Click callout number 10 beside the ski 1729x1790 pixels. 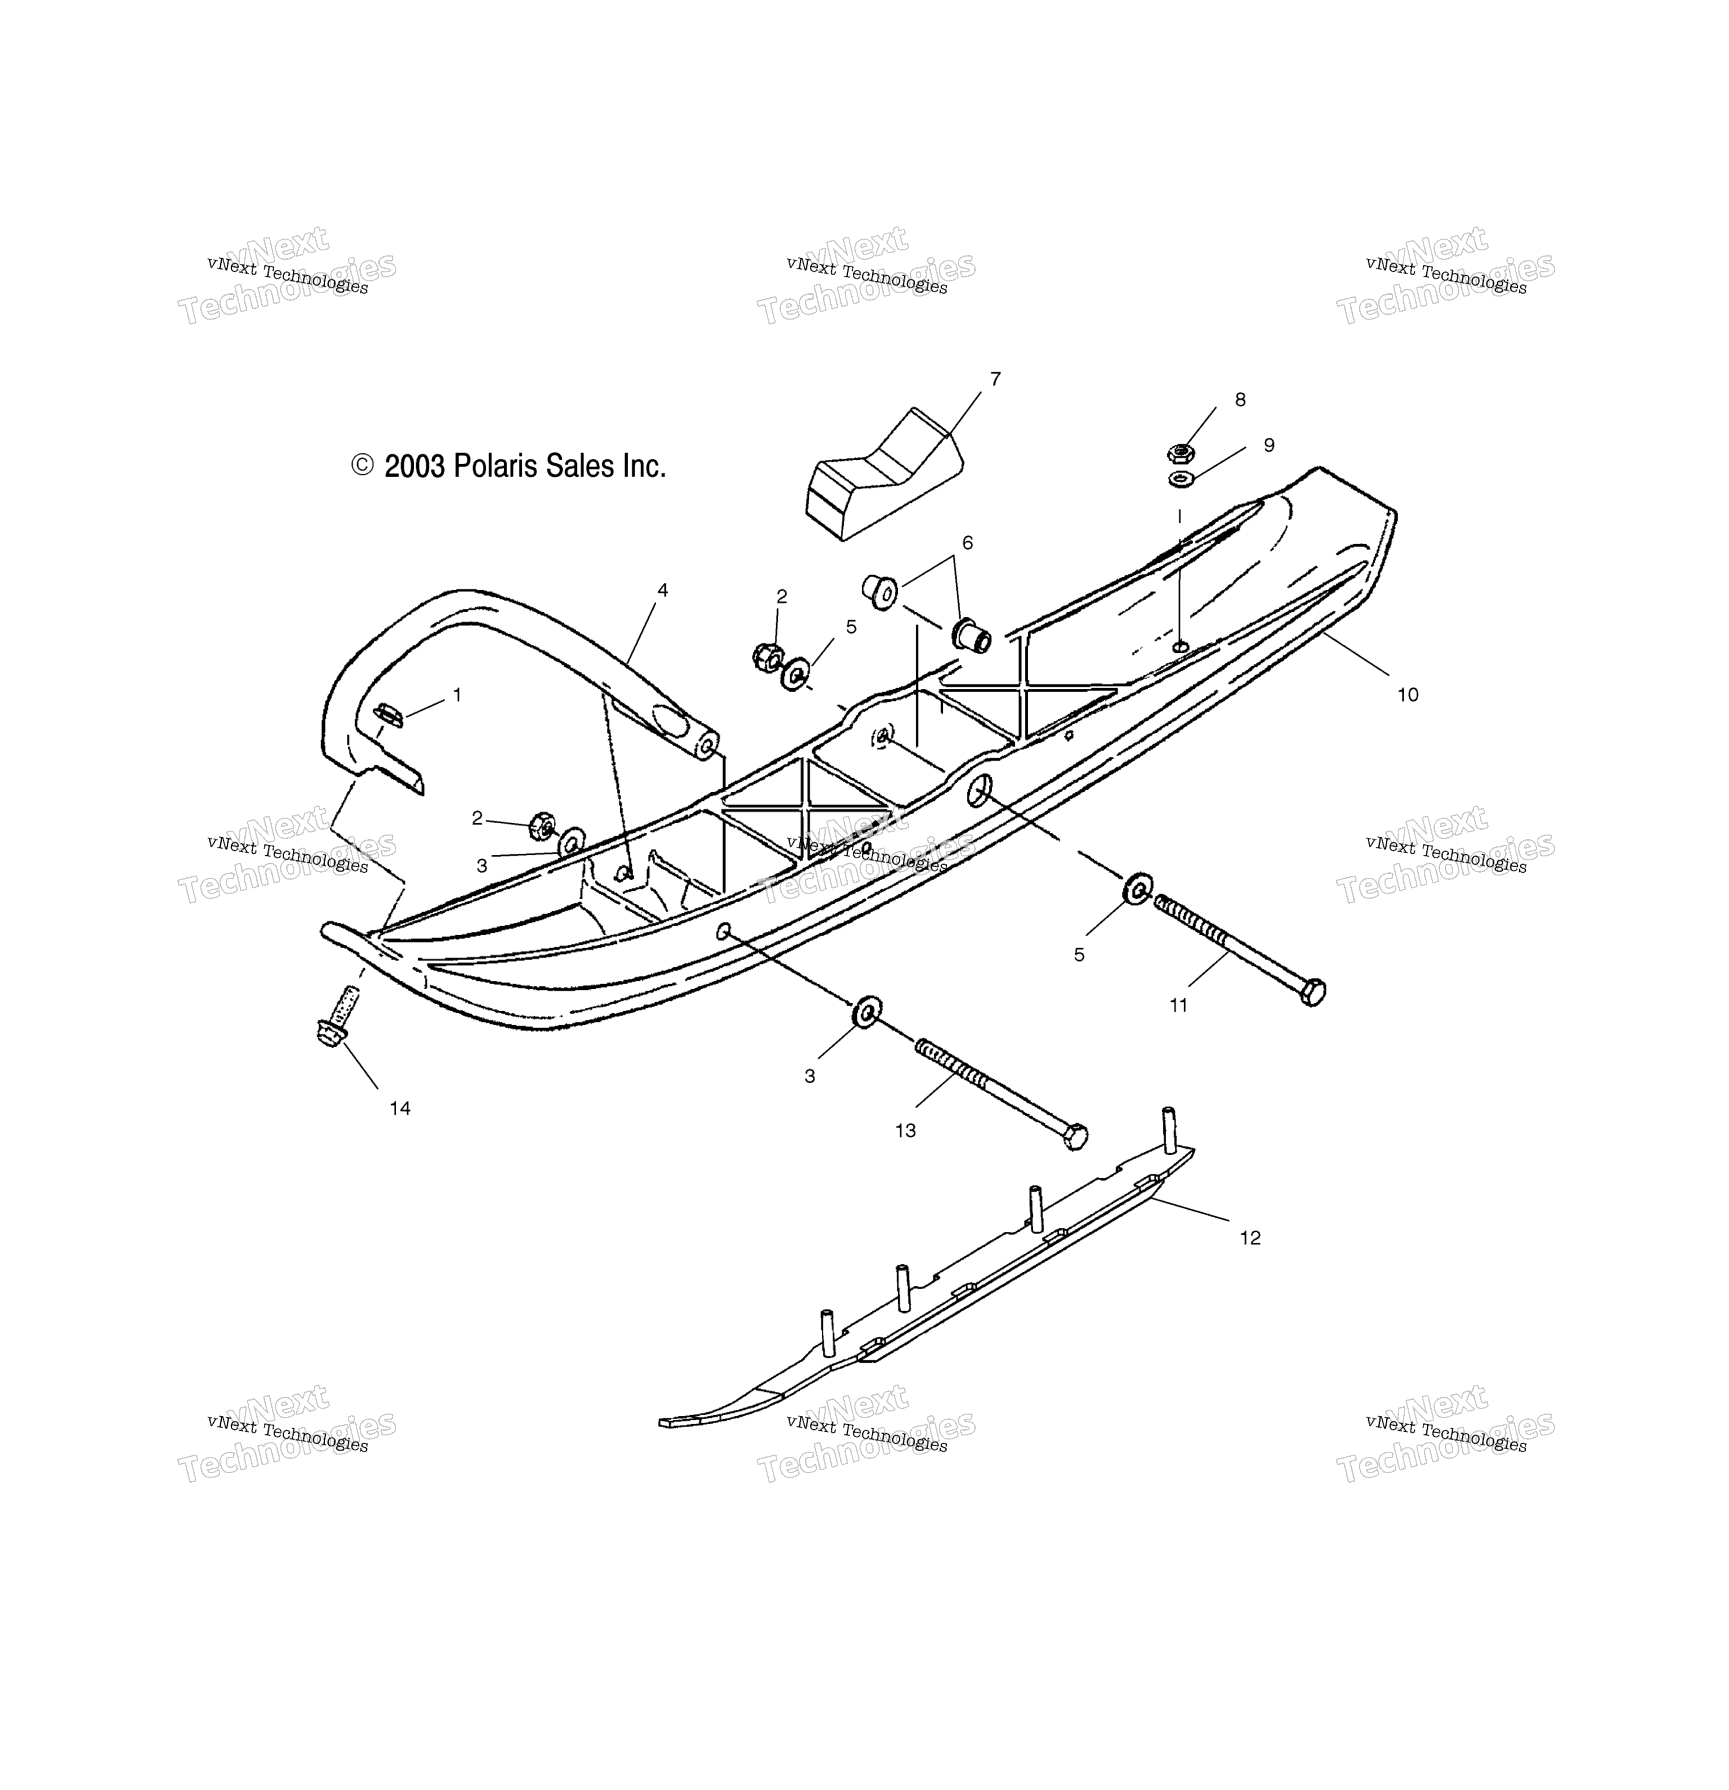(1408, 695)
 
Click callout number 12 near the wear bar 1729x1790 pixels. (1249, 1237)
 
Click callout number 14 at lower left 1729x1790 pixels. (400, 1108)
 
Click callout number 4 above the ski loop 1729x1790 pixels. (662, 591)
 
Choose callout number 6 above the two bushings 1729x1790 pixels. (967, 544)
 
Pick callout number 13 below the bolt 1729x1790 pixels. (905, 1130)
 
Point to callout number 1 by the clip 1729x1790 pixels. (456, 695)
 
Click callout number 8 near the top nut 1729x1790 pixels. (1239, 399)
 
